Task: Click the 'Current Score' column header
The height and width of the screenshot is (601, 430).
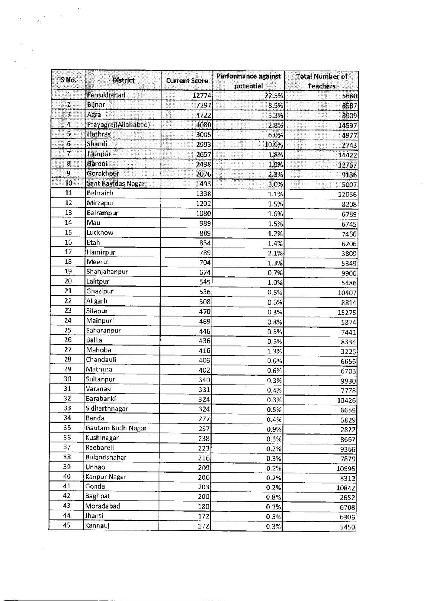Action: tap(187, 80)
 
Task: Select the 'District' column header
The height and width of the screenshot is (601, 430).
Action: tap(123, 80)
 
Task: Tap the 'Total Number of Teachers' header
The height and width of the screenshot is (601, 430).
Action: tap(322, 81)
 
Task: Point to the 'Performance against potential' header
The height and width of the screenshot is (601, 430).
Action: tap(248, 81)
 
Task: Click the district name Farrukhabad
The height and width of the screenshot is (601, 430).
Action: tap(106, 95)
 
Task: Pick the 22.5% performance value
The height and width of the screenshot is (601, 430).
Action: tap(274, 96)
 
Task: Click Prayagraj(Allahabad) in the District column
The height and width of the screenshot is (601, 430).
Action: tap(118, 125)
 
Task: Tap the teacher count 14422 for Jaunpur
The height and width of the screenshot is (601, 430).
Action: tap(347, 155)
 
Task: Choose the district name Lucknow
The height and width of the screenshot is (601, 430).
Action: tap(100, 233)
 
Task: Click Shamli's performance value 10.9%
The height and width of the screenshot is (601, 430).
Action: tap(274, 145)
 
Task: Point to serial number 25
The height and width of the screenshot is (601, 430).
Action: tap(68, 330)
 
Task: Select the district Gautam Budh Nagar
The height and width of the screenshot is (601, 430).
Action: tap(116, 428)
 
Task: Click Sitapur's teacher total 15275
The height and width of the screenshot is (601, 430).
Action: tap(347, 313)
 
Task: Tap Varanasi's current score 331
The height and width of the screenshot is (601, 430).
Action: tap(204, 390)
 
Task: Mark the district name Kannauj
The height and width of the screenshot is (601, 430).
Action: tap(97, 525)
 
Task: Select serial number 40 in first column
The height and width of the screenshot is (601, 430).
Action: tap(67, 476)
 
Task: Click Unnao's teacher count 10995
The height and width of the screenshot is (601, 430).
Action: tap(346, 469)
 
